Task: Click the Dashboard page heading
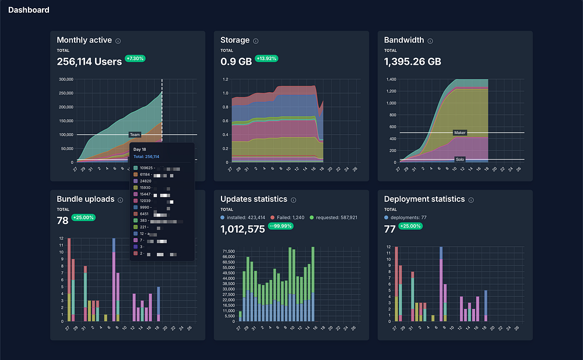[x=29, y=10]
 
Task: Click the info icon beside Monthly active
[x=118, y=41]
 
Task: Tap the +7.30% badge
[x=135, y=59]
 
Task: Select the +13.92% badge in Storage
[x=267, y=59]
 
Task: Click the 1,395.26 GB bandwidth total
[x=412, y=61]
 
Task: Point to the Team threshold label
[x=135, y=135]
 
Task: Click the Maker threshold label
[x=460, y=133]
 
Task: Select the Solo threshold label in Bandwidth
[x=460, y=159]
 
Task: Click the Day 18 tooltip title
[x=140, y=149]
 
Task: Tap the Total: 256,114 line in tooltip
[x=147, y=157]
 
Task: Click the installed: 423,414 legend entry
[x=243, y=217]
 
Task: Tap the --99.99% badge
[x=282, y=226]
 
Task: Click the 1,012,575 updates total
[x=243, y=229]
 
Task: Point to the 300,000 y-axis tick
[x=65, y=79]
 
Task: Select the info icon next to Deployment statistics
[x=471, y=200]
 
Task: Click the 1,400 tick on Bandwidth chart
[x=391, y=79]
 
